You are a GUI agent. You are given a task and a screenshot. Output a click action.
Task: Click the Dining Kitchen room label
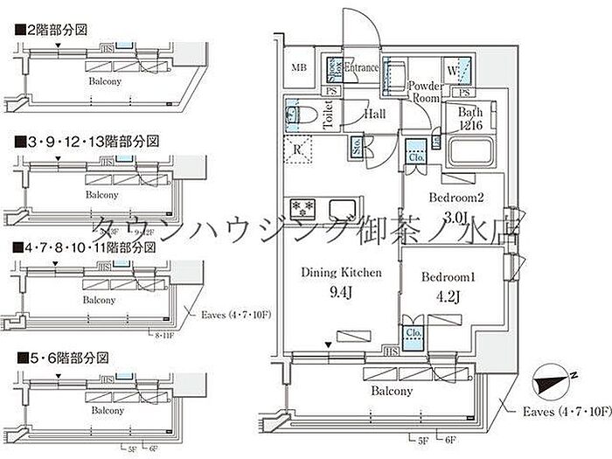341,272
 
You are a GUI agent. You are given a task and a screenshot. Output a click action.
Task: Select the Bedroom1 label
447,276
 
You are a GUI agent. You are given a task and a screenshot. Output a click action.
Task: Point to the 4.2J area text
447,295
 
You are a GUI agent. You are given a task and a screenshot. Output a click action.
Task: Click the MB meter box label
299,68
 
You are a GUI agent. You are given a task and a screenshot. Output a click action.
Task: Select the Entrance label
362,68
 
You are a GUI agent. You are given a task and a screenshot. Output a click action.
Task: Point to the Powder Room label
425,91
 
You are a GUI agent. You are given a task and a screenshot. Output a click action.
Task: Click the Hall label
376,115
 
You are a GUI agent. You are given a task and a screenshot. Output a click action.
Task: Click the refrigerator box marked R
298,150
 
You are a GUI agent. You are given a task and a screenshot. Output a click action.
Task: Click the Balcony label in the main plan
389,391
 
